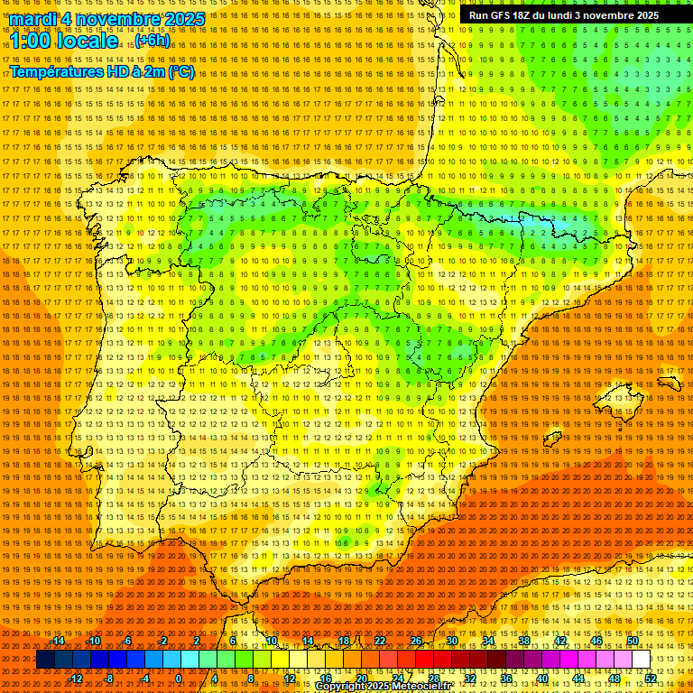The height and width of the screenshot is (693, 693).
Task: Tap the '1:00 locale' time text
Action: [63, 41]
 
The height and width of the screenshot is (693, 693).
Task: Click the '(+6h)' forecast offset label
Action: [152, 42]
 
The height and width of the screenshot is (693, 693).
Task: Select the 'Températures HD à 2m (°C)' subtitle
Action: [101, 72]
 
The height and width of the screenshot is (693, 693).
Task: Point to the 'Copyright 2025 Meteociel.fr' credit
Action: [383, 687]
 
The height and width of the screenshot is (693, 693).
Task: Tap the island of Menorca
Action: [669, 382]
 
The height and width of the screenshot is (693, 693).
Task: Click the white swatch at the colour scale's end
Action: [641, 660]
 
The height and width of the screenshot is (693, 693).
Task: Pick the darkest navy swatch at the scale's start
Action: [45, 660]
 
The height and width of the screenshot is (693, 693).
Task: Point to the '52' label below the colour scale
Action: [651, 679]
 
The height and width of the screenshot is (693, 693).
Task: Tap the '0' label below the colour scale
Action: [179, 679]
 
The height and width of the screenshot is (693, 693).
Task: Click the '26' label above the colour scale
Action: [415, 641]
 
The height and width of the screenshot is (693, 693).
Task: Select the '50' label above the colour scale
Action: [632, 641]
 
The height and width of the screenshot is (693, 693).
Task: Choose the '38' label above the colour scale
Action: [523, 641]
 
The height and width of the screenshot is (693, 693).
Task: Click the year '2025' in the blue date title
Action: [180, 19]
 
